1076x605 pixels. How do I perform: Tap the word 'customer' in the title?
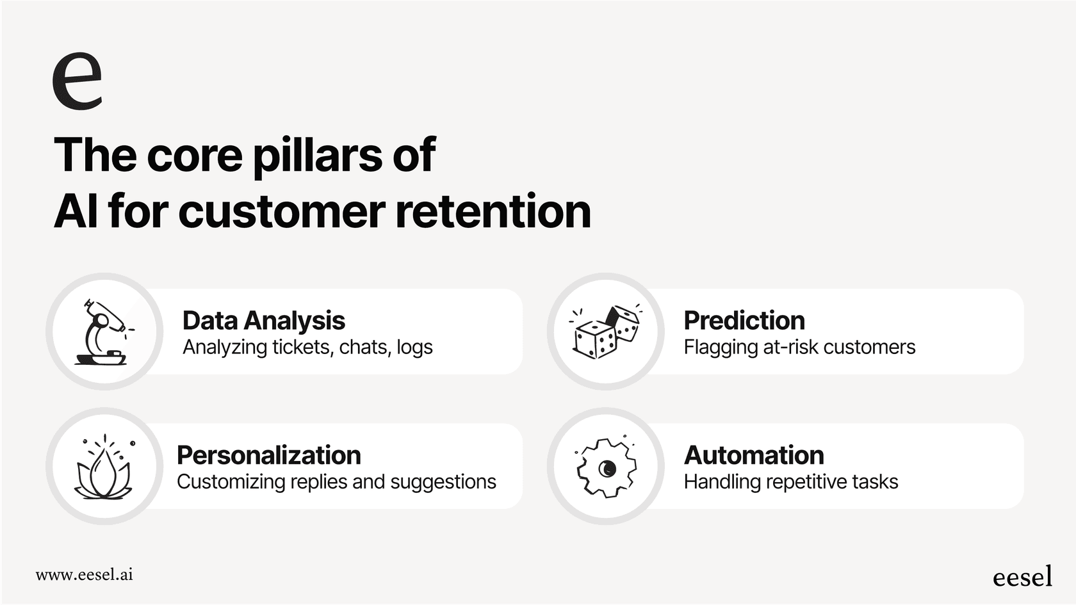pos(282,212)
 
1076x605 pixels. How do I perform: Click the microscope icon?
pos(104,332)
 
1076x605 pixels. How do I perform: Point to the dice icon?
pos(606,332)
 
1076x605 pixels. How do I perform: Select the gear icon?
pos(606,467)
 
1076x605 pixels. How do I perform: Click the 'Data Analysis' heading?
pos(263,321)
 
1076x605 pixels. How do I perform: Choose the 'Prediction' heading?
pos(744,321)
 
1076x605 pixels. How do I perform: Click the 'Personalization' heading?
pos(268,455)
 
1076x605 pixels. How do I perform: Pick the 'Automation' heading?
pos(754,455)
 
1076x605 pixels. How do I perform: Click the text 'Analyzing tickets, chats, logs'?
pos(307,348)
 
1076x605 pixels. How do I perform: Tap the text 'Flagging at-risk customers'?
pos(799,348)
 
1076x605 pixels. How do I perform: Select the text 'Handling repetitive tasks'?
pos(791,482)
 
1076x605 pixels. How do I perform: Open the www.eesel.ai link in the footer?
pos(84,574)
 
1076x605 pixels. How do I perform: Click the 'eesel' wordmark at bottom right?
pos(1022,577)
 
